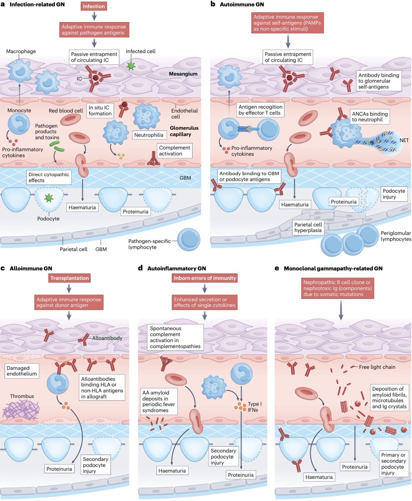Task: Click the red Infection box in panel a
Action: pyautogui.click(x=94, y=7)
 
